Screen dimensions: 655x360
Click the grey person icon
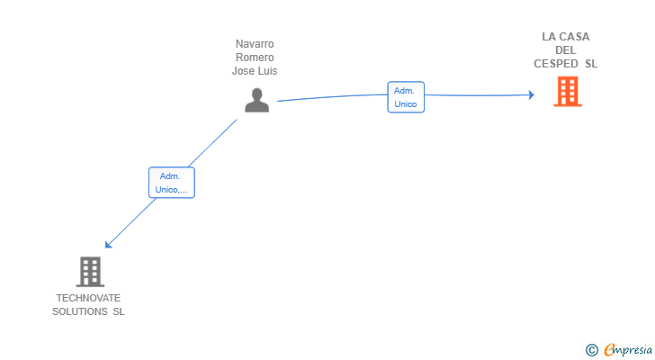coord(256,100)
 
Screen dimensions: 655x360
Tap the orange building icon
coord(568,92)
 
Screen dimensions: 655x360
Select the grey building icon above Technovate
coord(90,272)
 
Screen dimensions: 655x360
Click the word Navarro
coord(255,44)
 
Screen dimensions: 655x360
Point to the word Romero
coord(255,58)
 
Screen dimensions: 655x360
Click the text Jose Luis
coord(255,71)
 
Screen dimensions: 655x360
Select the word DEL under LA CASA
coord(566,50)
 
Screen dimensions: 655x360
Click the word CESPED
coord(556,64)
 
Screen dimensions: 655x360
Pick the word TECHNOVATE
coord(88,298)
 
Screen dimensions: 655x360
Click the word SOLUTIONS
coord(80,311)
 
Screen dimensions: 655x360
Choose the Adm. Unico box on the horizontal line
coord(406,97)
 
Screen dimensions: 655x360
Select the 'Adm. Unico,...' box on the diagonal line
coord(172,183)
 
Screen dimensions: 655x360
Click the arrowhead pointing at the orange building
coord(532,94)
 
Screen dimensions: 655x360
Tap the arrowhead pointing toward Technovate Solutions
coord(108,245)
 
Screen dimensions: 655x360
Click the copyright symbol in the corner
coord(591,350)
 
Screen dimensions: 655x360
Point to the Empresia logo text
coord(628,350)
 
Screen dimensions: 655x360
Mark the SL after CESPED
coord(591,64)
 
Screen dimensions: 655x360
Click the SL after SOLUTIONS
coord(119,311)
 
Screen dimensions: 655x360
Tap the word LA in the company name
coord(549,37)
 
